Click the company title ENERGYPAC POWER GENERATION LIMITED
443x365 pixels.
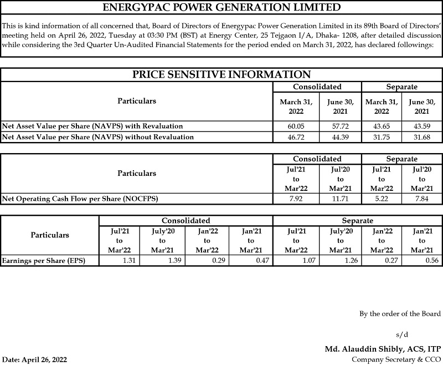221,8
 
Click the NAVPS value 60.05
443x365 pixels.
296,126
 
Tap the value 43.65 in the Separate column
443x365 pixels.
381,126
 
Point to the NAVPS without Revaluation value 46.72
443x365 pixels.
296,136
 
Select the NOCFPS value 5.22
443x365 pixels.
381,198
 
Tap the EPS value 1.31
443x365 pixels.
128,260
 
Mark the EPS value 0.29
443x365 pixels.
218,260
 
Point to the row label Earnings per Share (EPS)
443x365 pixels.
44,260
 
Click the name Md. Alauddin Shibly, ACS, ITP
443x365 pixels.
383,349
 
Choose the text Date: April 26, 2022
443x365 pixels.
35,359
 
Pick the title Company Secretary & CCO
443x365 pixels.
396,359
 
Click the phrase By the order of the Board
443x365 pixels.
400,314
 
